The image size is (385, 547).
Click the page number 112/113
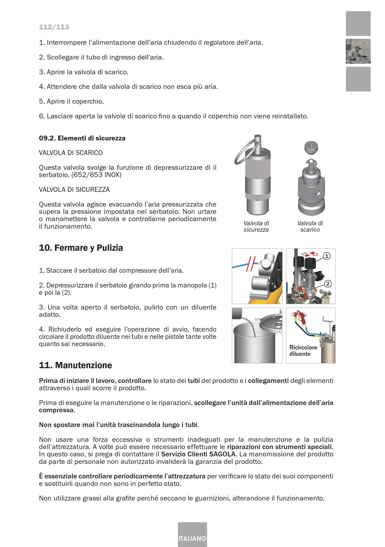point(54,27)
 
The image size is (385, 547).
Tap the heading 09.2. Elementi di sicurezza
point(82,138)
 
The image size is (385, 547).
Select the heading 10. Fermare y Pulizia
point(81,248)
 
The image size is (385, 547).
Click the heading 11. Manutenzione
point(75,365)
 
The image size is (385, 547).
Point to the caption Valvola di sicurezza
point(256,227)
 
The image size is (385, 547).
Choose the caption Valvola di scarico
point(310,227)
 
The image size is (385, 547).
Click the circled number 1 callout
point(327,256)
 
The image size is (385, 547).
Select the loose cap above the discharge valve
point(311,148)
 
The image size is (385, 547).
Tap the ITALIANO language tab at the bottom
point(192,538)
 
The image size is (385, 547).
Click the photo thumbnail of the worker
point(358,51)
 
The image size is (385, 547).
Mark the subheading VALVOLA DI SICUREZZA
point(74,190)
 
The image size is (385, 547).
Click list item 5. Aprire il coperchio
point(71,101)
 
